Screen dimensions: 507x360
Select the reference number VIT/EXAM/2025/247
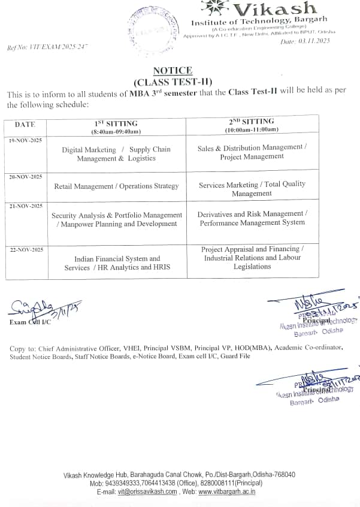tap(47, 46)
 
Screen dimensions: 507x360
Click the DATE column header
tap(25, 125)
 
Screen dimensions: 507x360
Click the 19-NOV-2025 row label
tap(26, 141)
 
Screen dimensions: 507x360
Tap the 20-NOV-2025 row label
tap(26, 177)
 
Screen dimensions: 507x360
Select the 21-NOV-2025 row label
tap(26, 206)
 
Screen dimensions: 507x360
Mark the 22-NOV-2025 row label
tap(26, 249)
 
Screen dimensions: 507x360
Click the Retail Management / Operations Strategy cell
tap(116, 186)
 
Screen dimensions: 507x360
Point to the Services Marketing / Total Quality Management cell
tap(252, 189)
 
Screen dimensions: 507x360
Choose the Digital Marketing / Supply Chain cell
tap(116, 154)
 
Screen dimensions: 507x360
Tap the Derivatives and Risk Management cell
tap(252, 218)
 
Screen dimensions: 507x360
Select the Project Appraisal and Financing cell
tap(252, 258)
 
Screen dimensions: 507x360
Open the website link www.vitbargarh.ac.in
tap(227, 491)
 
